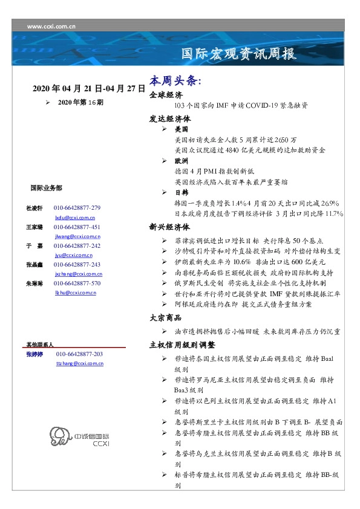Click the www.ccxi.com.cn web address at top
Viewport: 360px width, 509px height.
(x=51, y=27)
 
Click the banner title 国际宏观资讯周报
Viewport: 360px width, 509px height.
(x=239, y=54)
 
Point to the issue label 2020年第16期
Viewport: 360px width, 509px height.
(x=80, y=103)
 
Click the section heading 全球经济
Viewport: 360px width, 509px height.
(x=166, y=95)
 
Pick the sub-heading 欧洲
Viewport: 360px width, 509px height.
(x=181, y=161)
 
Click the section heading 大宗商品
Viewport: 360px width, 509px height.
(x=166, y=318)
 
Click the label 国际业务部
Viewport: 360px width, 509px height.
(x=45, y=188)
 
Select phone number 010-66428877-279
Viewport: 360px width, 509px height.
(x=77, y=207)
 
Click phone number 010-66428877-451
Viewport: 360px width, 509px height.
(x=77, y=227)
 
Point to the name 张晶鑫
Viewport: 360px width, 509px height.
(x=34, y=265)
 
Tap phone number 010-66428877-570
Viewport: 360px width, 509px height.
(x=77, y=284)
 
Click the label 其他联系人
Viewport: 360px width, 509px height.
(x=40, y=343)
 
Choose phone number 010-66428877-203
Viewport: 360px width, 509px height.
(x=79, y=354)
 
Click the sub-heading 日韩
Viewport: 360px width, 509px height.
(x=181, y=192)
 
